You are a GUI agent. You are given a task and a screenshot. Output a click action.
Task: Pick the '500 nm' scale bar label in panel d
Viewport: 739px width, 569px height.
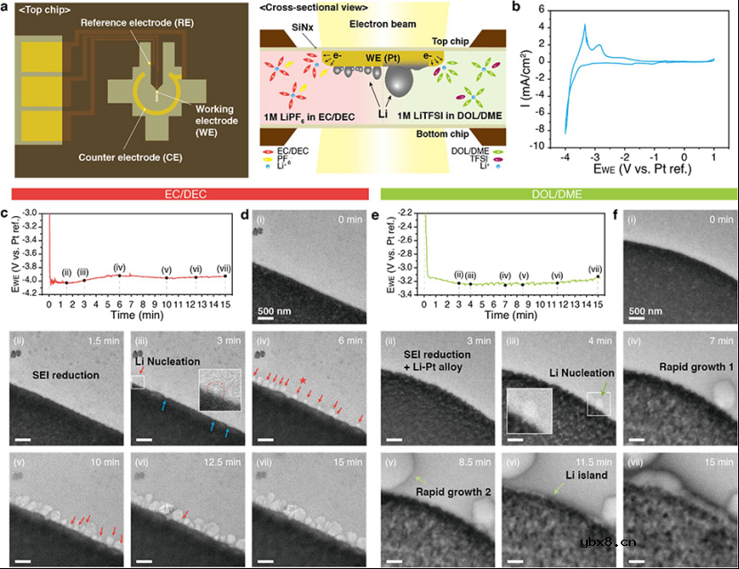272,310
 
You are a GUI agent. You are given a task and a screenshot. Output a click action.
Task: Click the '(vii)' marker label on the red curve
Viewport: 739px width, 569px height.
224,268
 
